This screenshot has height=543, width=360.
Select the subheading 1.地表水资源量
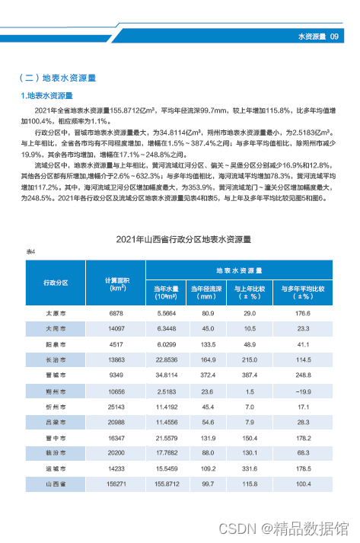click(x=46, y=95)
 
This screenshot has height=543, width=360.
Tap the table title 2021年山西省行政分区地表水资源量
click(x=180, y=239)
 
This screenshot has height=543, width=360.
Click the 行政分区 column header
click(x=55, y=283)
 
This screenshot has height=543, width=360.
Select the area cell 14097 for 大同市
click(x=116, y=329)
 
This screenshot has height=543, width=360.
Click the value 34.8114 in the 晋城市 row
click(x=166, y=375)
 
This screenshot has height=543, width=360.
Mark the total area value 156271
click(x=116, y=483)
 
